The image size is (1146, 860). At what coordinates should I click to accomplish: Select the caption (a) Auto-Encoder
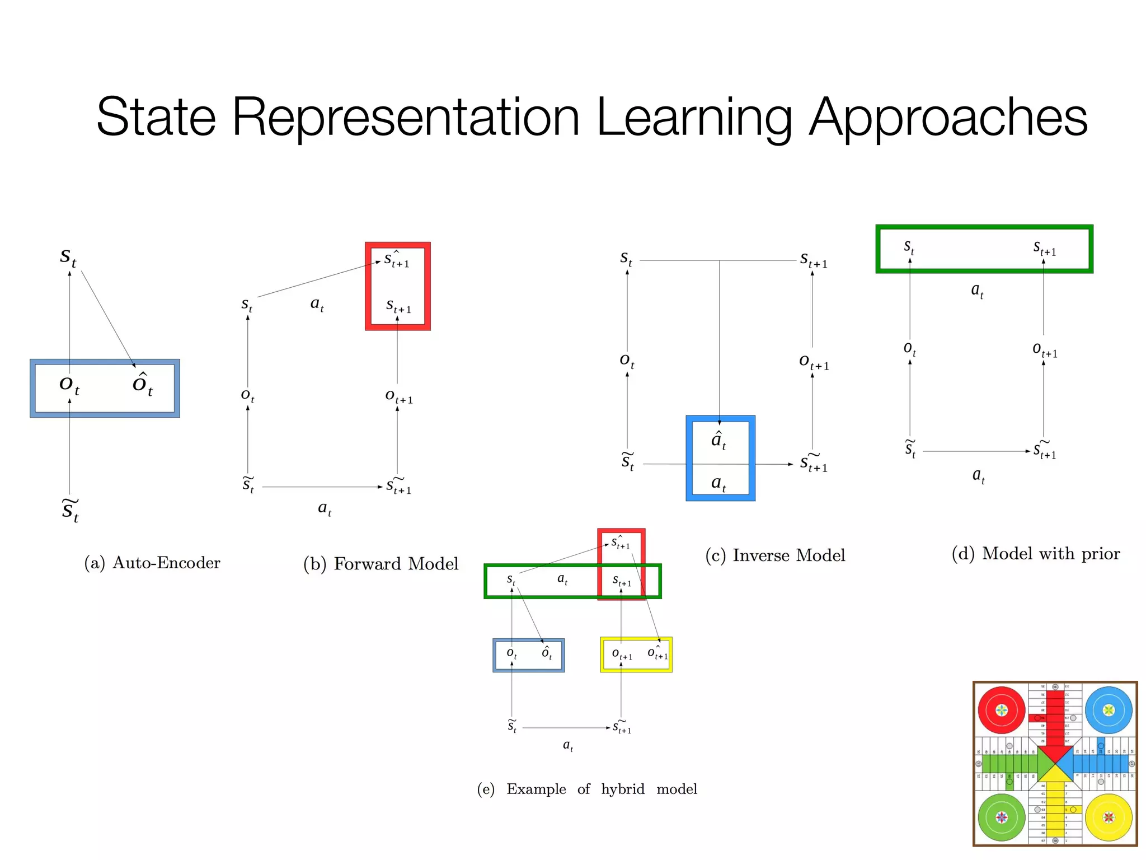[x=152, y=563]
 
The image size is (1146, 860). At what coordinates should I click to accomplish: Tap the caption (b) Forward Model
[x=381, y=564]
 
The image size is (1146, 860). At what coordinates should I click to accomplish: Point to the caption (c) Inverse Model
[x=775, y=555]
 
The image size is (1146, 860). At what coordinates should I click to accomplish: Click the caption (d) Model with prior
[x=1036, y=554]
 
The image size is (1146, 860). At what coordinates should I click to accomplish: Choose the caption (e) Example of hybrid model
[x=587, y=789]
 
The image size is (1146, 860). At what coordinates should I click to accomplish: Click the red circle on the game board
[x=1002, y=710]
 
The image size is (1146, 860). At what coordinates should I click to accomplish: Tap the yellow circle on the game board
[x=1109, y=817]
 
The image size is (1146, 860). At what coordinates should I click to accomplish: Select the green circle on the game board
[x=1002, y=817]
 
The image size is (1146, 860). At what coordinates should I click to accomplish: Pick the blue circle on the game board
[x=1109, y=710]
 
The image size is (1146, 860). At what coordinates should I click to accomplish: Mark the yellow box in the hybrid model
[x=636, y=655]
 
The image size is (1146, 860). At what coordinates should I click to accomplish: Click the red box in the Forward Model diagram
[x=398, y=286]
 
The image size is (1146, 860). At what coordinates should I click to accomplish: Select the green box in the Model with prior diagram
[x=984, y=249]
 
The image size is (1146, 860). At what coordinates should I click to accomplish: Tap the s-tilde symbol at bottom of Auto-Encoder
[x=70, y=510]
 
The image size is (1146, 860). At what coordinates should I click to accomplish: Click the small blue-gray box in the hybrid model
[x=528, y=655]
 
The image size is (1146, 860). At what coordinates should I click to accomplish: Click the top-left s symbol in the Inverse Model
[x=626, y=259]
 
